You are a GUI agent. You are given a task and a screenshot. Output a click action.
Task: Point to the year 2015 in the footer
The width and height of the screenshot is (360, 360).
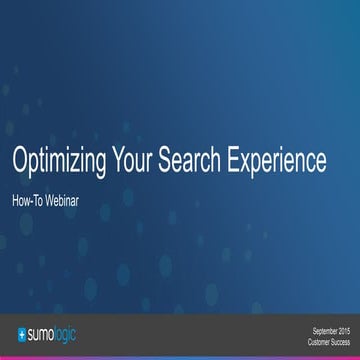tap(344, 327)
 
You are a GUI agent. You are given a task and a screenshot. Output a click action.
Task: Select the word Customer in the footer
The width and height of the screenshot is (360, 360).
tap(315, 336)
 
